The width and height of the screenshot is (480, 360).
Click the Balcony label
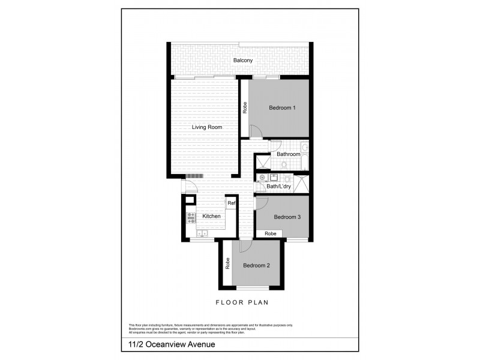(x=243, y=61)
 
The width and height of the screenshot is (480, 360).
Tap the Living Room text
(x=207, y=127)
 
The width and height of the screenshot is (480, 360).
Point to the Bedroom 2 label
(x=256, y=265)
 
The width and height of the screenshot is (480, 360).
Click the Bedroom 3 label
(x=287, y=217)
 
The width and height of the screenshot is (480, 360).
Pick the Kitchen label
(x=211, y=217)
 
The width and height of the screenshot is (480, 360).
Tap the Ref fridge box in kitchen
(x=231, y=203)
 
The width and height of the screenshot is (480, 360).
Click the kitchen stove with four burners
(x=191, y=218)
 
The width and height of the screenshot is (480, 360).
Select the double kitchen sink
(x=202, y=233)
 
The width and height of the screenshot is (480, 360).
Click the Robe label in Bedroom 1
(x=245, y=108)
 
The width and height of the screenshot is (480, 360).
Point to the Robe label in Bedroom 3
(x=271, y=233)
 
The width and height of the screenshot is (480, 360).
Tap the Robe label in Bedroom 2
(x=227, y=263)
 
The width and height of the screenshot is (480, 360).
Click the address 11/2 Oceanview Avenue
(x=163, y=344)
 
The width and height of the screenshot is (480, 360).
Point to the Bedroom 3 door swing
(x=262, y=203)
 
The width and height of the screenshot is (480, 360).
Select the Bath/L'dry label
(x=279, y=187)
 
